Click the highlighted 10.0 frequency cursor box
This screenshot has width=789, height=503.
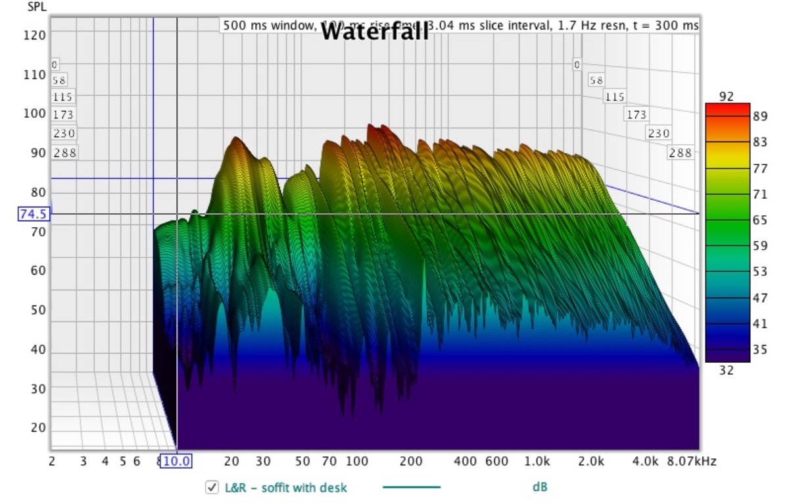(177, 462)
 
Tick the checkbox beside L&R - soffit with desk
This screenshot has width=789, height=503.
(212, 488)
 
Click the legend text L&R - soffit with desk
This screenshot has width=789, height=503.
(286, 488)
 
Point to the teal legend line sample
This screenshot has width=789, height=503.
(411, 488)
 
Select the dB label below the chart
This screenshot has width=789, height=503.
(540, 488)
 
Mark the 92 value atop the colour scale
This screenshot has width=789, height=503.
(726, 97)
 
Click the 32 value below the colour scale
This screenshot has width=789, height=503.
(726, 370)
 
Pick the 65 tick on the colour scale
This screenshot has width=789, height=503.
(759, 221)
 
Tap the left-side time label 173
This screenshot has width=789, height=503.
(64, 115)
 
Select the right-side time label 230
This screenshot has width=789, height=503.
(659, 134)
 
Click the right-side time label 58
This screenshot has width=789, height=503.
(596, 80)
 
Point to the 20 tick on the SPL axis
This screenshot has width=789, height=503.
(38, 428)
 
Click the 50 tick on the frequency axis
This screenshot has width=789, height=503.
(302, 462)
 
